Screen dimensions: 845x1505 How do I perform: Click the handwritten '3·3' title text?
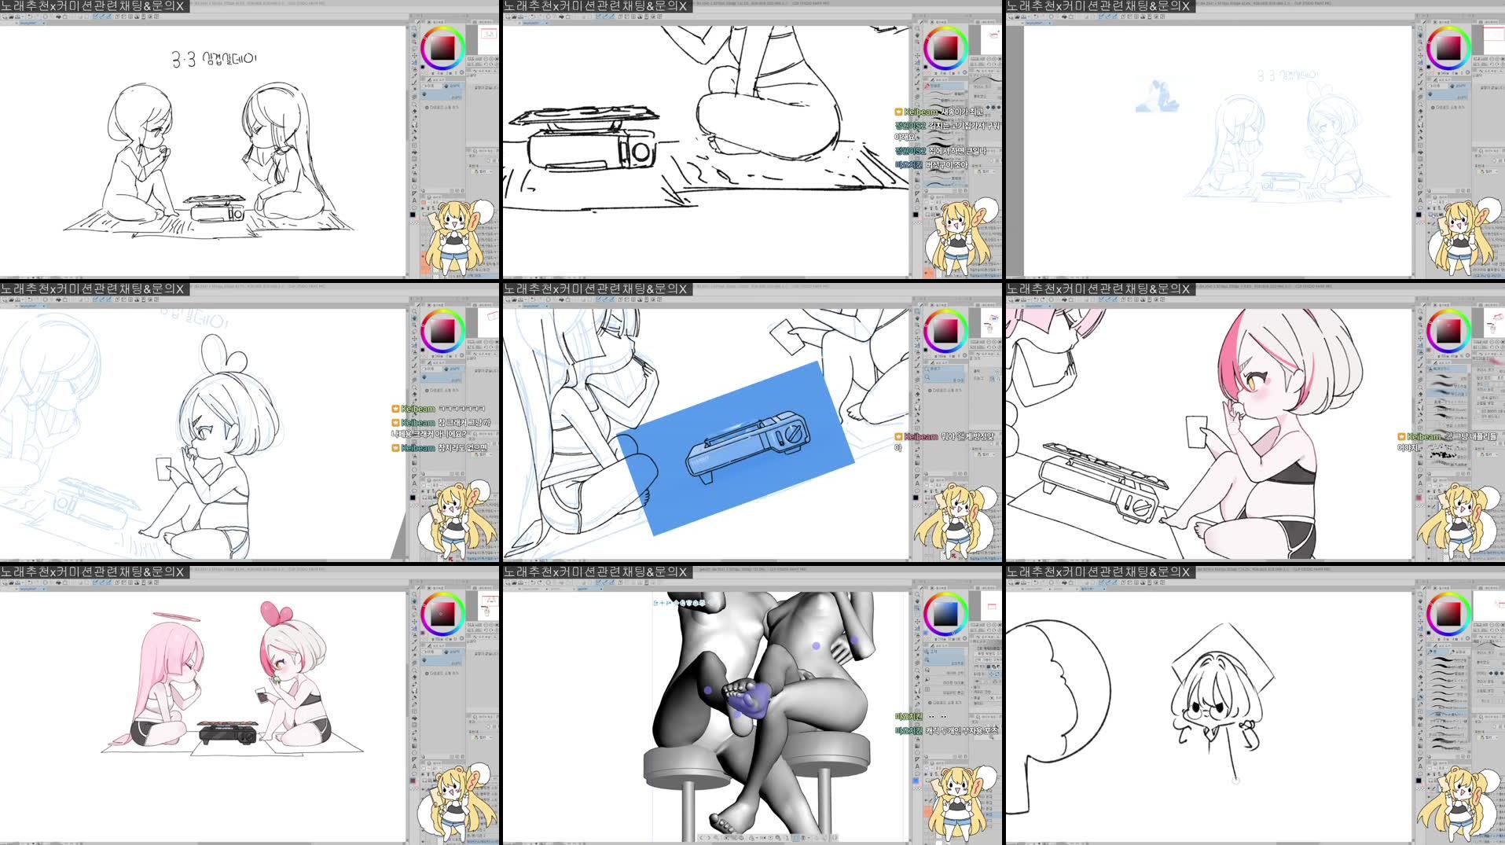pyautogui.click(x=183, y=60)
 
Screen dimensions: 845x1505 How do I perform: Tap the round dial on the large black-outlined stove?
pyautogui.click(x=641, y=152)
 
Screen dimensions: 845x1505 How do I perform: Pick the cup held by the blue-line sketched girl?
pyautogui.click(x=164, y=468)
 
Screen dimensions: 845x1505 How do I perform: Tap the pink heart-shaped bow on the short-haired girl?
pyautogui.click(x=270, y=612)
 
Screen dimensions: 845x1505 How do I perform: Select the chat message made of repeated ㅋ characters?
pyautogui.click(x=461, y=409)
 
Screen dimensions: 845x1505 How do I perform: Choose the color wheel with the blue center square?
pyautogui.click(x=945, y=614)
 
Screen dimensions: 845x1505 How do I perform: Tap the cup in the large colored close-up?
pyautogui.click(x=1195, y=432)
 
